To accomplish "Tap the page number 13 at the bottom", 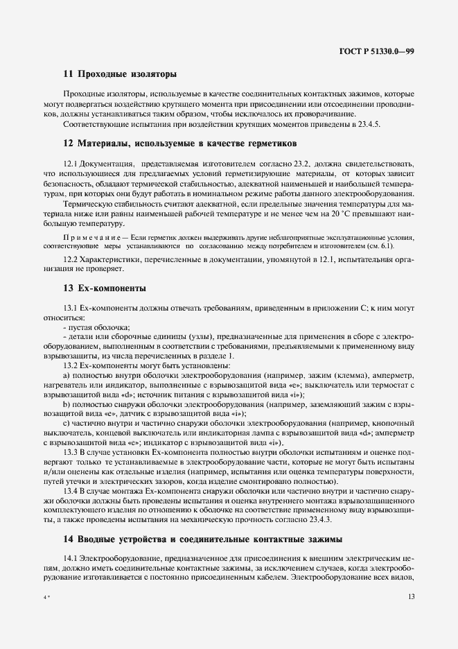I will [410, 597].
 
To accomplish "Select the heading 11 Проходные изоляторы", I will [120, 73].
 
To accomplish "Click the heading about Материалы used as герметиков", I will [179, 144].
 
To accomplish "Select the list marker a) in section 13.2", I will [67, 375].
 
